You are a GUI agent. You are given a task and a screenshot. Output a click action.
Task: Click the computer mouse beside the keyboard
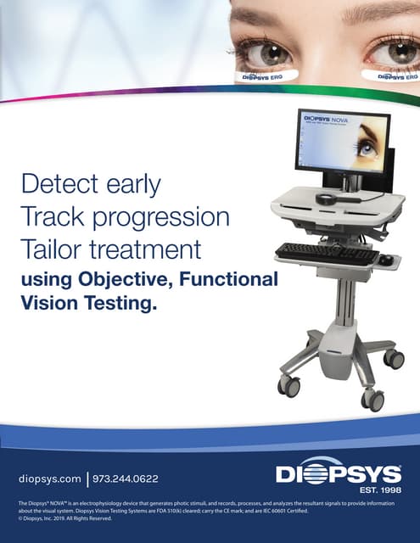pos(385,259)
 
